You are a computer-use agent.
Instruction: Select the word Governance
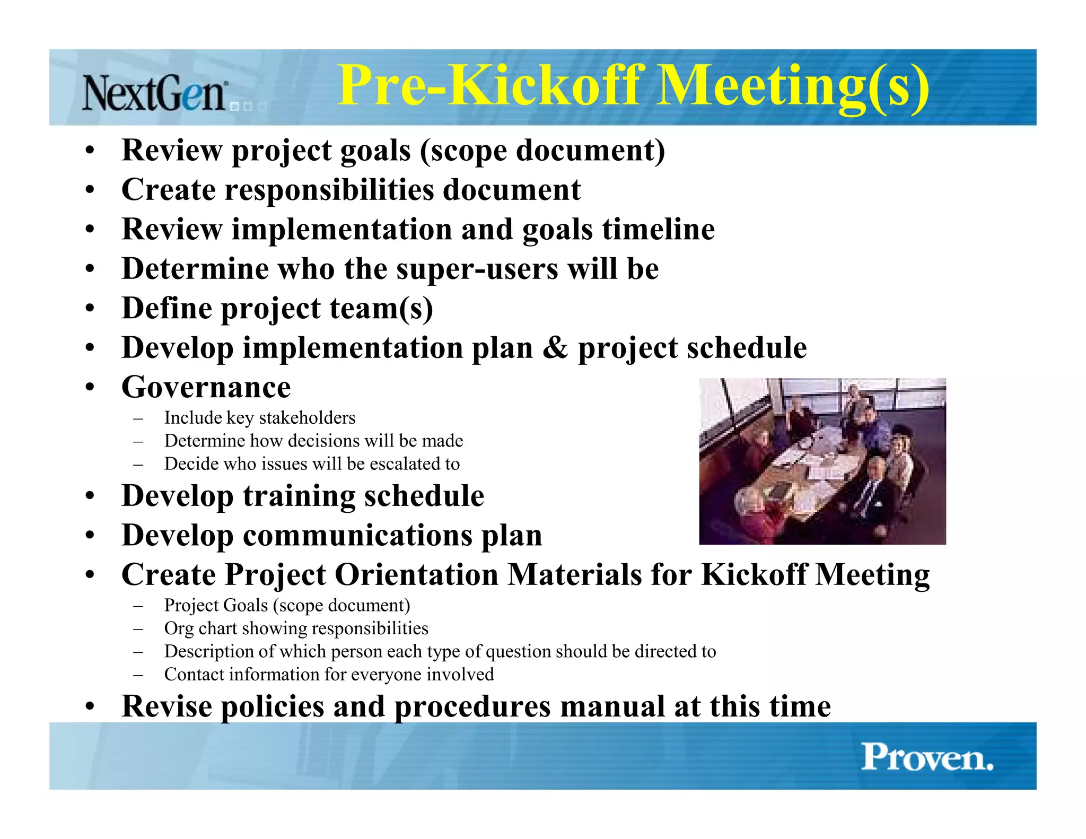(x=206, y=387)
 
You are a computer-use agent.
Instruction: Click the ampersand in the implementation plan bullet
(x=555, y=348)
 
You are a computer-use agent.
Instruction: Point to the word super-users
(x=477, y=269)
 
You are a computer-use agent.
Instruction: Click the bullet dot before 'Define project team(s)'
(x=90, y=309)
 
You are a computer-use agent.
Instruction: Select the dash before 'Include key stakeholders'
(x=138, y=418)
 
